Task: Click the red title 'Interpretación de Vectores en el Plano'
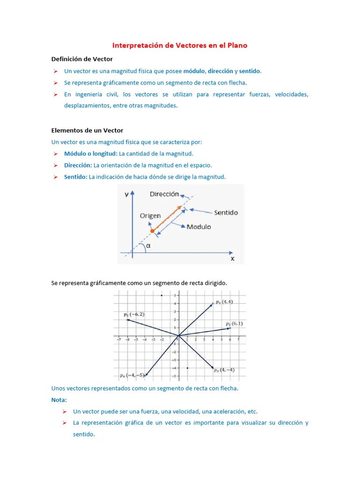tap(180, 45)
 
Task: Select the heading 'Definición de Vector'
tap(82, 59)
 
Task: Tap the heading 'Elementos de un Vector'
tap(87, 130)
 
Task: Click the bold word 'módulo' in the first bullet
tap(194, 71)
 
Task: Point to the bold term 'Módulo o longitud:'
tap(91, 154)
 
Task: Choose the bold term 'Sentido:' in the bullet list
tap(76, 177)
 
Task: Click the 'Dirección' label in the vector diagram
tap(164, 194)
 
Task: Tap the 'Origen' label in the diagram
tap(150, 216)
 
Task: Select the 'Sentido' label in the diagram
tap(226, 213)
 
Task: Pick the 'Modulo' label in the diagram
tap(199, 227)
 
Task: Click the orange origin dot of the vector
tap(152, 231)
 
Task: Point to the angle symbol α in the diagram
tap(149, 246)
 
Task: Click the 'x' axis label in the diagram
tap(232, 258)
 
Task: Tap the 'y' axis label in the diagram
tap(127, 195)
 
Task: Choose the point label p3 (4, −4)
tap(224, 370)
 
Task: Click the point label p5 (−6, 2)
tap(134, 315)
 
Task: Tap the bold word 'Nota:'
tap(59, 400)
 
